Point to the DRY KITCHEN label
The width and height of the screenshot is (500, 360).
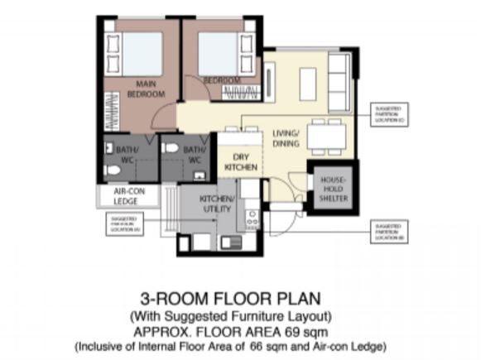coord(241,161)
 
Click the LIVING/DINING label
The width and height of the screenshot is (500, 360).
coord(286,138)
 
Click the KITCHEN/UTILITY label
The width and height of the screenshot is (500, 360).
coord(218,204)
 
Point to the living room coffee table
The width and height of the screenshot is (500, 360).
coord(307,81)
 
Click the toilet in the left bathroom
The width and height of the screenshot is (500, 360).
coord(114,170)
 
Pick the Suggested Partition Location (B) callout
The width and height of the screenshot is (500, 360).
coord(390,228)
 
